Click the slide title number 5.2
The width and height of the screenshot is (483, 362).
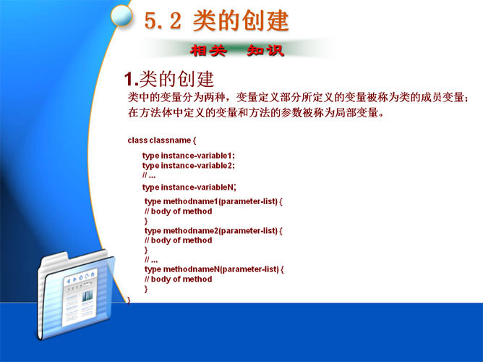point(163,21)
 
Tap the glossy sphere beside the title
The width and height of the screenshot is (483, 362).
point(121,15)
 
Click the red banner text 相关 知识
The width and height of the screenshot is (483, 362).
point(236,50)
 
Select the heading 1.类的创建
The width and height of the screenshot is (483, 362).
point(168,79)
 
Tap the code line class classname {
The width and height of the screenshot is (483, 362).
point(162,140)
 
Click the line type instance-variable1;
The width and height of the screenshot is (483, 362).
point(189,156)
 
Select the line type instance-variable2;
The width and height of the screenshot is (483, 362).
point(189,166)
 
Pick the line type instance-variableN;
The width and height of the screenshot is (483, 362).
point(189,188)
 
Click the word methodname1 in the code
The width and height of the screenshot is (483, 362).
point(190,201)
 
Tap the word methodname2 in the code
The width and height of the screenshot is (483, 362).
point(192,231)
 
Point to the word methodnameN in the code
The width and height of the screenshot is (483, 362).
point(192,269)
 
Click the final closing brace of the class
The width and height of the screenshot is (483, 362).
point(129,300)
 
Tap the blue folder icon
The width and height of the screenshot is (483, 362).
point(76,295)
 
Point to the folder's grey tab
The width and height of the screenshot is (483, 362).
point(55,258)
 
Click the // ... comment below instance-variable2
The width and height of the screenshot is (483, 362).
point(149,176)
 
